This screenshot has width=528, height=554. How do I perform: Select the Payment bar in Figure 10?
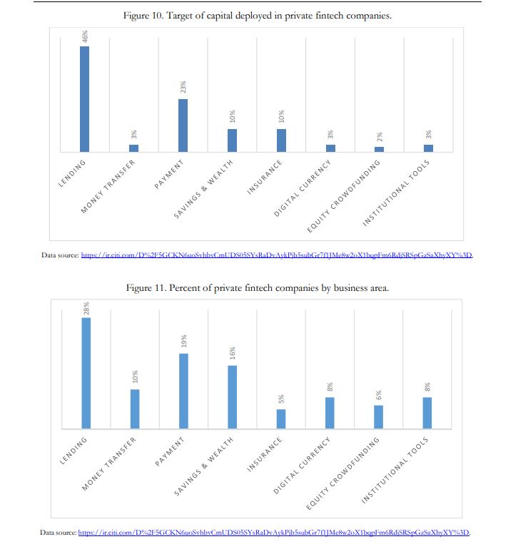click(183, 125)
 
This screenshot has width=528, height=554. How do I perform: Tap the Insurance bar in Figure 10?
click(281, 140)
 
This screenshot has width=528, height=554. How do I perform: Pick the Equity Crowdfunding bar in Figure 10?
click(380, 149)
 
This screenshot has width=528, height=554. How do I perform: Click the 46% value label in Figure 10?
click(85, 36)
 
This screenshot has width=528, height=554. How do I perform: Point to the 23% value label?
click(183, 88)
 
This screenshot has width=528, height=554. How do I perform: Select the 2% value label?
click(380, 135)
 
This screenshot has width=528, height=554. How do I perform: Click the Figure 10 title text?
click(258, 16)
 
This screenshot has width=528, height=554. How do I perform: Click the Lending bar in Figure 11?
click(86, 373)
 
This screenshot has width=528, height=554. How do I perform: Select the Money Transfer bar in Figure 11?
click(135, 409)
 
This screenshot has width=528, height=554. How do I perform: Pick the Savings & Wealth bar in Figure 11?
click(232, 396)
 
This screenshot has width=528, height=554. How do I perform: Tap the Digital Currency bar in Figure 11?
click(330, 413)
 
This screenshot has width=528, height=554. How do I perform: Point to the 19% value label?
click(183, 342)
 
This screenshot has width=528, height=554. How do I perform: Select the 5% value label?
click(281, 398)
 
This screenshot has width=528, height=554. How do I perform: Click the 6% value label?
click(379, 394)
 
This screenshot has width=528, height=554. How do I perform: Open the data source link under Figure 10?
click(278, 255)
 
